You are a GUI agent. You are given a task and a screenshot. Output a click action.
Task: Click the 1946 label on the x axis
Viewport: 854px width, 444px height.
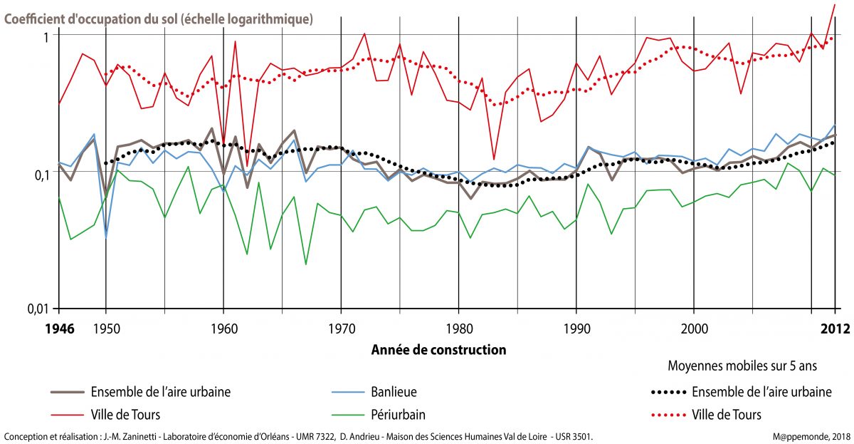click(x=58, y=329)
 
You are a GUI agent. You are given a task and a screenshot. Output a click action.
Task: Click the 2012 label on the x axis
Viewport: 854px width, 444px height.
click(x=834, y=329)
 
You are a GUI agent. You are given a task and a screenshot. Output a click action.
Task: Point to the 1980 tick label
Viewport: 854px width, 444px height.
click(x=459, y=329)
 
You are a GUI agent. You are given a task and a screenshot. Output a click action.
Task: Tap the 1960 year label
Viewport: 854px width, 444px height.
click(x=223, y=329)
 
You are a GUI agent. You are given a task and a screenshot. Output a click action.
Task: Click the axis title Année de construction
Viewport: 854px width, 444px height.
click(x=438, y=350)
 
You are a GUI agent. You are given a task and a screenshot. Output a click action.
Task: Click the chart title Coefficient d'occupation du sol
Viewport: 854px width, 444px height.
click(x=158, y=19)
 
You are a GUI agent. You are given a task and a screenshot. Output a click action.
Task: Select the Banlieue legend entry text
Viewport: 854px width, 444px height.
click(x=394, y=391)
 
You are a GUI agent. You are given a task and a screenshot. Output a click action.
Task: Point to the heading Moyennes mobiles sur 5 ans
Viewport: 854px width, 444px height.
click(x=741, y=366)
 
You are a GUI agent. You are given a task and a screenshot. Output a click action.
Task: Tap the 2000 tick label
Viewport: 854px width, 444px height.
click(x=694, y=329)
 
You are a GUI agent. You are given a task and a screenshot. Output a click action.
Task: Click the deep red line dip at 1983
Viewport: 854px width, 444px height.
click(x=494, y=160)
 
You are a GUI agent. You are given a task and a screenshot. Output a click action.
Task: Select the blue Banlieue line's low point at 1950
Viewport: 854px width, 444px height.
click(x=106, y=237)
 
